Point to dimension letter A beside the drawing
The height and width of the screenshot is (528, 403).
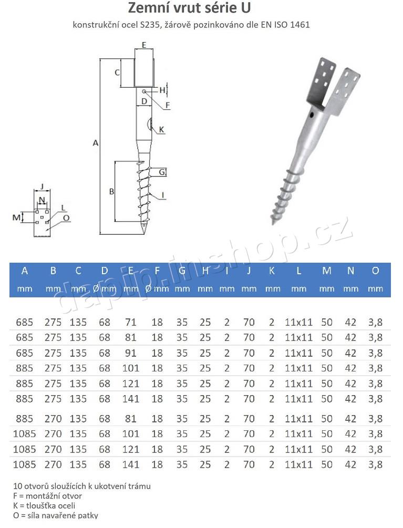[x=95, y=142]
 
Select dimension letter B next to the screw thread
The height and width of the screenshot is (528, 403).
[x=111, y=192]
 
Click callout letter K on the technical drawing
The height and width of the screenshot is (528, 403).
[x=161, y=129]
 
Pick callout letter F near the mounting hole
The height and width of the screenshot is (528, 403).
[x=168, y=105]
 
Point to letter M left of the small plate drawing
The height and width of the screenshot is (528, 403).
[x=16, y=216]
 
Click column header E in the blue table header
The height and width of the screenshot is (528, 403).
[x=130, y=271]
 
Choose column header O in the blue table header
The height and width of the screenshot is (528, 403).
[x=375, y=271]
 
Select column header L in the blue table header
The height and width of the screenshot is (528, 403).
[x=298, y=271]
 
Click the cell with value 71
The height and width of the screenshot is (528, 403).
[x=130, y=322]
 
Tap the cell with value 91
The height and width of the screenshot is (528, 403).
[x=130, y=353]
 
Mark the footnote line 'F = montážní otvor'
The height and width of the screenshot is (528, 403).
[x=47, y=495]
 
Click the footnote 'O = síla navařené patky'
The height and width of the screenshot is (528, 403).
[x=56, y=515]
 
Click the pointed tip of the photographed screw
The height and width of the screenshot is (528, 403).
[x=273, y=222]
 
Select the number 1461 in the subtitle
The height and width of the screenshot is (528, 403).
[x=299, y=25]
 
